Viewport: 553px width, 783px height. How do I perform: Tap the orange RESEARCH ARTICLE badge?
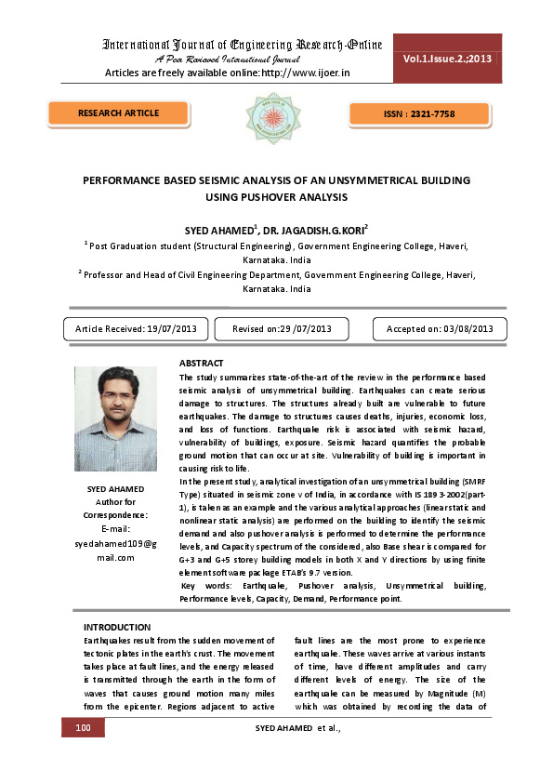point(118,113)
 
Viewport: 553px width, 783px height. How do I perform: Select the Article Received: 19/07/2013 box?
point(135,329)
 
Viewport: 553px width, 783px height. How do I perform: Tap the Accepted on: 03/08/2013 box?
point(440,329)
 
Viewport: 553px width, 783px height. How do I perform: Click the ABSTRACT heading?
point(201,362)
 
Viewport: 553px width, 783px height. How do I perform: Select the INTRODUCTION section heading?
point(117,628)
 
